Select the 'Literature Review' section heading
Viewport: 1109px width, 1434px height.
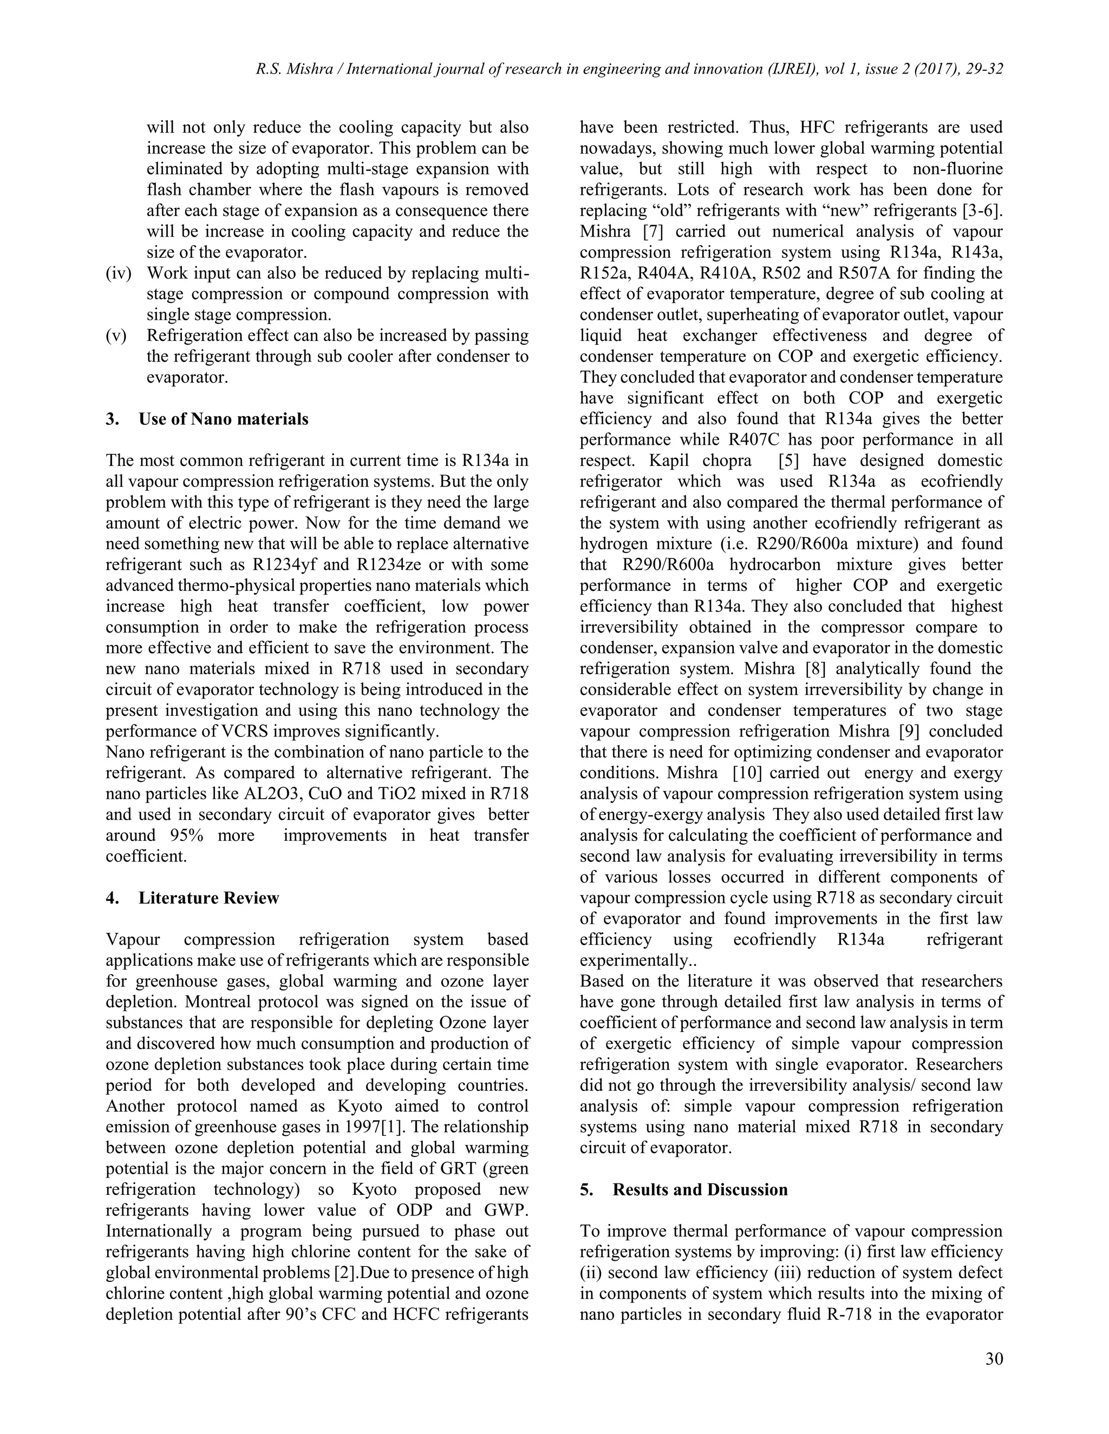point(208,898)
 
